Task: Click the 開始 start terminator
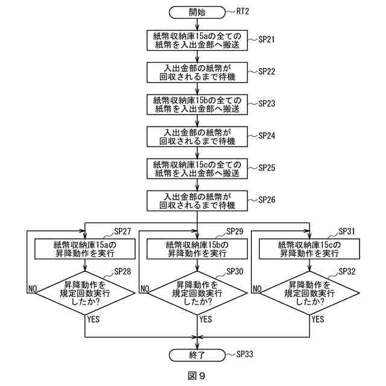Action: (197, 12)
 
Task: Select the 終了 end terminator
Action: (197, 355)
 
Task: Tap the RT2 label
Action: (242, 11)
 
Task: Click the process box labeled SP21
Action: (197, 40)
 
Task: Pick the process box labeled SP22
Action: (197, 72)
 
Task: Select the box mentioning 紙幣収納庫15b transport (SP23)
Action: (197, 104)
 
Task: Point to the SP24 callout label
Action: (267, 136)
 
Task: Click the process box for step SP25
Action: (197, 169)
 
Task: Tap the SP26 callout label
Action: (267, 200)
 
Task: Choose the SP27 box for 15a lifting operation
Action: (85, 249)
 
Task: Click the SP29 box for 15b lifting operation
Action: (197, 249)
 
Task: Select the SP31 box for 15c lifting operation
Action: (309, 249)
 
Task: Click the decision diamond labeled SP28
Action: (85, 293)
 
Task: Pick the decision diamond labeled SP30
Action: (197, 293)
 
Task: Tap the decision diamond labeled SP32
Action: (309, 293)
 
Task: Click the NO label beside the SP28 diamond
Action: (33, 289)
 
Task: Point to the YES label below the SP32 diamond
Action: (318, 319)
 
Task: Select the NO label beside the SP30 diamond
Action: (145, 289)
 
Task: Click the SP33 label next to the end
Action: (245, 354)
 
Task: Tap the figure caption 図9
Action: (197, 376)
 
